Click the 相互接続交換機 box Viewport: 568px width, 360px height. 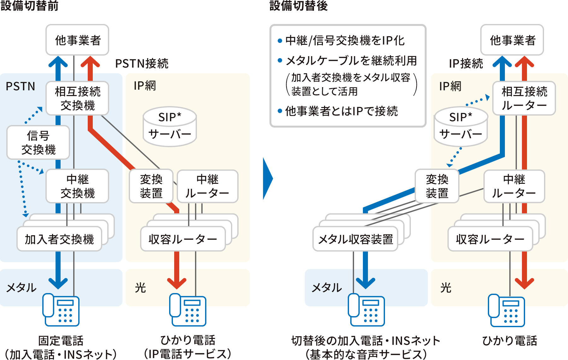(77, 98)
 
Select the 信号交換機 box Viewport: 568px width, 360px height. (38, 142)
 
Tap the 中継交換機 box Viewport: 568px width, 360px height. (77, 186)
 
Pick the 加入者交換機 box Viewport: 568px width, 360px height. (59, 239)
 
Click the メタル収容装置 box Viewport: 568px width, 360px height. (355, 239)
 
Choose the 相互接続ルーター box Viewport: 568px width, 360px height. (524, 98)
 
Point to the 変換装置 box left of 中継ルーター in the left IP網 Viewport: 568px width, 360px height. (151, 186)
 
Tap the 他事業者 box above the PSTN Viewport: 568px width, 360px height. (77, 40)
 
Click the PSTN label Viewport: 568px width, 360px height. (21, 86)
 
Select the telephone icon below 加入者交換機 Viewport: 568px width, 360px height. (61, 309)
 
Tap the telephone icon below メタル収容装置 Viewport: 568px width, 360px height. (366, 309)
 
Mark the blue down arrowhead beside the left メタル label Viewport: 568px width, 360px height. (58, 283)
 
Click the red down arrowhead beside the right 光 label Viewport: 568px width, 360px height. (524, 283)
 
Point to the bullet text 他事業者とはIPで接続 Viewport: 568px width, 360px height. (341, 111)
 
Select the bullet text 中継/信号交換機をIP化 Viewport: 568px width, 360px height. (345, 40)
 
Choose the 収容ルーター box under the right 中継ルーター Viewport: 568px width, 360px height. (490, 239)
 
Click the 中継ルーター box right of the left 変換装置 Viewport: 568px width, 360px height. (207, 186)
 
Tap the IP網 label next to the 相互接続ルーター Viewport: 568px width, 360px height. (450, 86)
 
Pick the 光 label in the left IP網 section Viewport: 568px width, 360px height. (140, 288)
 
